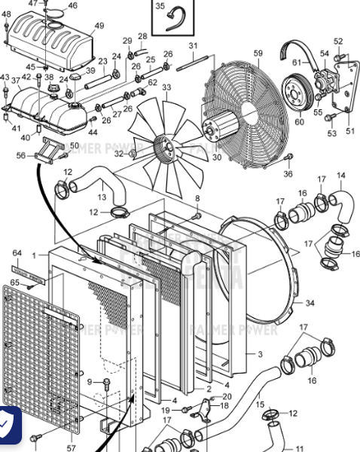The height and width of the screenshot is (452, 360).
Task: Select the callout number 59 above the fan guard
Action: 258,53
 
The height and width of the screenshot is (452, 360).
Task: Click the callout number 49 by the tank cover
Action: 99,26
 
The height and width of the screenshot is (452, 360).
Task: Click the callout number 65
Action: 14,282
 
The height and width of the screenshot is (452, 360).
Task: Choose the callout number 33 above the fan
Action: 166,87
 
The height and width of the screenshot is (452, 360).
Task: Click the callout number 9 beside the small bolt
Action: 90,382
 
